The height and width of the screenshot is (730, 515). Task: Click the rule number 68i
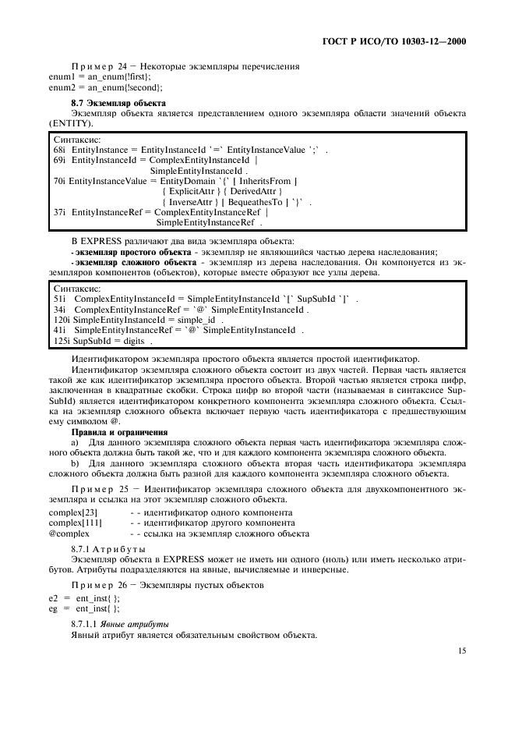[x=59, y=148]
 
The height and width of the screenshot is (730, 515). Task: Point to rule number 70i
[x=59, y=181]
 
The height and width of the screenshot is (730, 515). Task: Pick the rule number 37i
[x=59, y=212]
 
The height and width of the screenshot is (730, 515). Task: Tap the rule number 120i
[x=62, y=320]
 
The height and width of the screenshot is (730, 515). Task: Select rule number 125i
[x=62, y=341]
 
